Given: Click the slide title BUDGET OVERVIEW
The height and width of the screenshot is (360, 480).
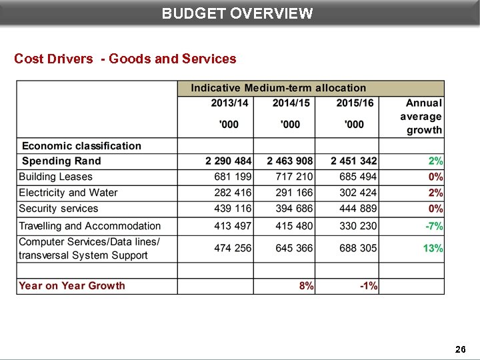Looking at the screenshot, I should (x=237, y=13).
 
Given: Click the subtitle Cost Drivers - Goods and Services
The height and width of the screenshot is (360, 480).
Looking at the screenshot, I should (x=125, y=59).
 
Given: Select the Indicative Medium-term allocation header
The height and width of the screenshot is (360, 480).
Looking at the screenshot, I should (x=278, y=88).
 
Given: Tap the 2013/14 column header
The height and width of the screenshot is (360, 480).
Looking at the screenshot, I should (x=229, y=103).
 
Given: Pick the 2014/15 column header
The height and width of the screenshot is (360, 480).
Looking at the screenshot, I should (x=291, y=103).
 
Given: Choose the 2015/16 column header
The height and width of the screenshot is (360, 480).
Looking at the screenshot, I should (x=354, y=103).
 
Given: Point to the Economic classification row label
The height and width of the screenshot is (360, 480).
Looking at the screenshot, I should (x=81, y=146).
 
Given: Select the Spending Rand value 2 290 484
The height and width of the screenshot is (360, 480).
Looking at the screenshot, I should (x=228, y=161).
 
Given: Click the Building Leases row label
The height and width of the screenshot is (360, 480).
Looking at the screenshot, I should (x=56, y=177).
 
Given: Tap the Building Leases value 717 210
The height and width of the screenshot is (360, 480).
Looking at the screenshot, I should (x=294, y=177).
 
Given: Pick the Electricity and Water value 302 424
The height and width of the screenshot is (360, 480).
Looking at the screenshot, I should (x=358, y=193).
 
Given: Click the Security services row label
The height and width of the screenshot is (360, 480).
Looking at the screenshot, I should (x=59, y=209).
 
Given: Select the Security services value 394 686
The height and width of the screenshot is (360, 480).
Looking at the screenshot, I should (x=294, y=209).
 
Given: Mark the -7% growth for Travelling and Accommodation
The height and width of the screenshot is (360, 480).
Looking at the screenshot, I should (x=434, y=227).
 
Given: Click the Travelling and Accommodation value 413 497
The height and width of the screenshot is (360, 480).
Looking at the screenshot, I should (x=233, y=227).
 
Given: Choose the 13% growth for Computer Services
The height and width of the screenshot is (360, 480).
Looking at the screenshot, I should (x=433, y=248).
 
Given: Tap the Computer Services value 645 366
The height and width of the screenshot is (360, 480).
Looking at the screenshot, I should (x=294, y=248).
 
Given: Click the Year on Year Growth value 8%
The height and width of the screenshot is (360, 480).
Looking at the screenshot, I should (x=306, y=286).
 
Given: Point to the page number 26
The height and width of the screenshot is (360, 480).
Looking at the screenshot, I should (x=460, y=349).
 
